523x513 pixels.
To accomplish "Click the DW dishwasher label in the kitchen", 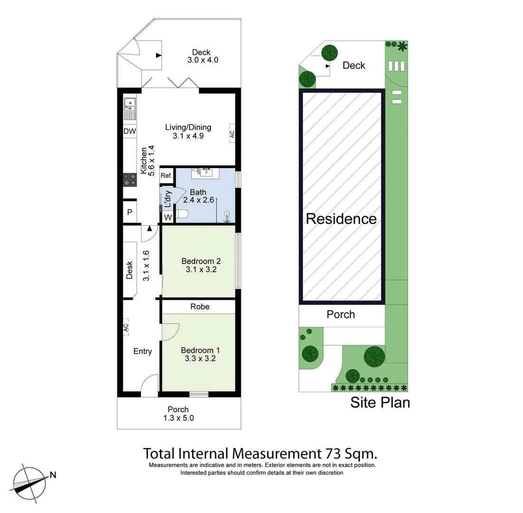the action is (x=129, y=131).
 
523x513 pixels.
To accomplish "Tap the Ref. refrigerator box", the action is (x=166, y=175).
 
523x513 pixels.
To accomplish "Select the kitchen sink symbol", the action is (x=130, y=108).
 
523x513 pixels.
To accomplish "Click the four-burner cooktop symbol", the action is (x=129, y=180).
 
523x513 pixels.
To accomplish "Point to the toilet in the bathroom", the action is (x=183, y=215).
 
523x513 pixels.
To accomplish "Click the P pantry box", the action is (x=129, y=212).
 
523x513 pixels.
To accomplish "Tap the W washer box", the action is (x=167, y=218).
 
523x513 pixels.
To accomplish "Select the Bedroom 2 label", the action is (x=201, y=261).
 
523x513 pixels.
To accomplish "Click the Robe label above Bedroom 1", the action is (x=200, y=307).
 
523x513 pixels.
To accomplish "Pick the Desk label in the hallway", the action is (x=129, y=270).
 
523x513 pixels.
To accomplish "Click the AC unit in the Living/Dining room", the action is (x=232, y=133).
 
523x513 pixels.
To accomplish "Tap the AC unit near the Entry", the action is (x=126, y=328).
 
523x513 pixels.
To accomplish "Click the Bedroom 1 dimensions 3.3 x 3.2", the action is (x=200, y=359).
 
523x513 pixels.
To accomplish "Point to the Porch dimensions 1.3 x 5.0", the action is (x=178, y=418).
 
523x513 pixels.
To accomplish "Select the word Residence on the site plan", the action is (x=341, y=219).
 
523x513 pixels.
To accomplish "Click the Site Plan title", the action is (x=380, y=402).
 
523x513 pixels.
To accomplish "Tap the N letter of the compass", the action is (x=53, y=474).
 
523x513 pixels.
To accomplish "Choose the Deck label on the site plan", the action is (x=354, y=66).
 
